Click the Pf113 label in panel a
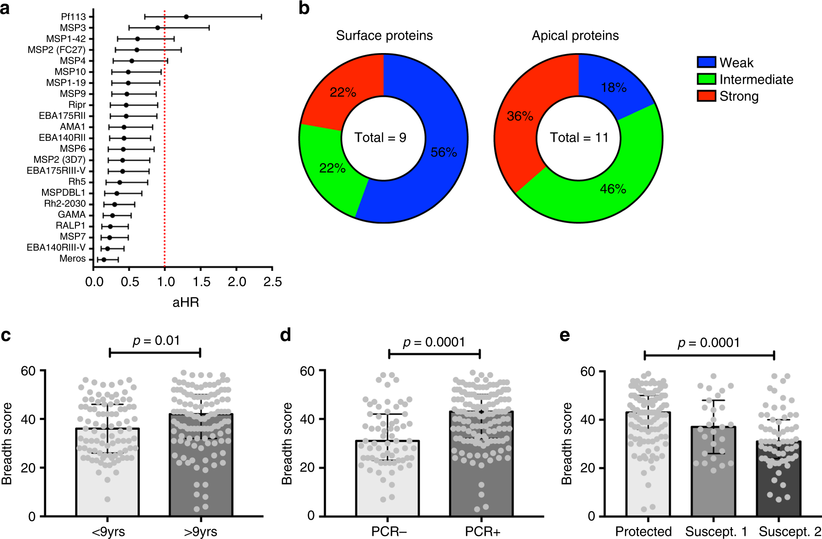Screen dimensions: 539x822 point(73,17)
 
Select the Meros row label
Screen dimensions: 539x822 point(72,259)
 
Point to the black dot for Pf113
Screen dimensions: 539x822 point(186,17)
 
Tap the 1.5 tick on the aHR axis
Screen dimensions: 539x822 point(201,282)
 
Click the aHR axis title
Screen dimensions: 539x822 point(186,302)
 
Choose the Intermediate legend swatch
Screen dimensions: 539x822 point(706,79)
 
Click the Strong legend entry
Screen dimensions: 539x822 point(739,96)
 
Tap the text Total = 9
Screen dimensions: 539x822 point(380,138)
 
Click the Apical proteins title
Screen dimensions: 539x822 point(575,36)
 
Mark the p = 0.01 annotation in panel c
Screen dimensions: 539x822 point(156,341)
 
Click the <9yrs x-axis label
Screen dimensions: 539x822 point(108,532)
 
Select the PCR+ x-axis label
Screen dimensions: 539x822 point(482,532)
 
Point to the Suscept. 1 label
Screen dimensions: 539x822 point(716,532)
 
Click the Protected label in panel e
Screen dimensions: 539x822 point(643,532)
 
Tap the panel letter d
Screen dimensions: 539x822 point(285,335)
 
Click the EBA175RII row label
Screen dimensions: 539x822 point(62,116)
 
